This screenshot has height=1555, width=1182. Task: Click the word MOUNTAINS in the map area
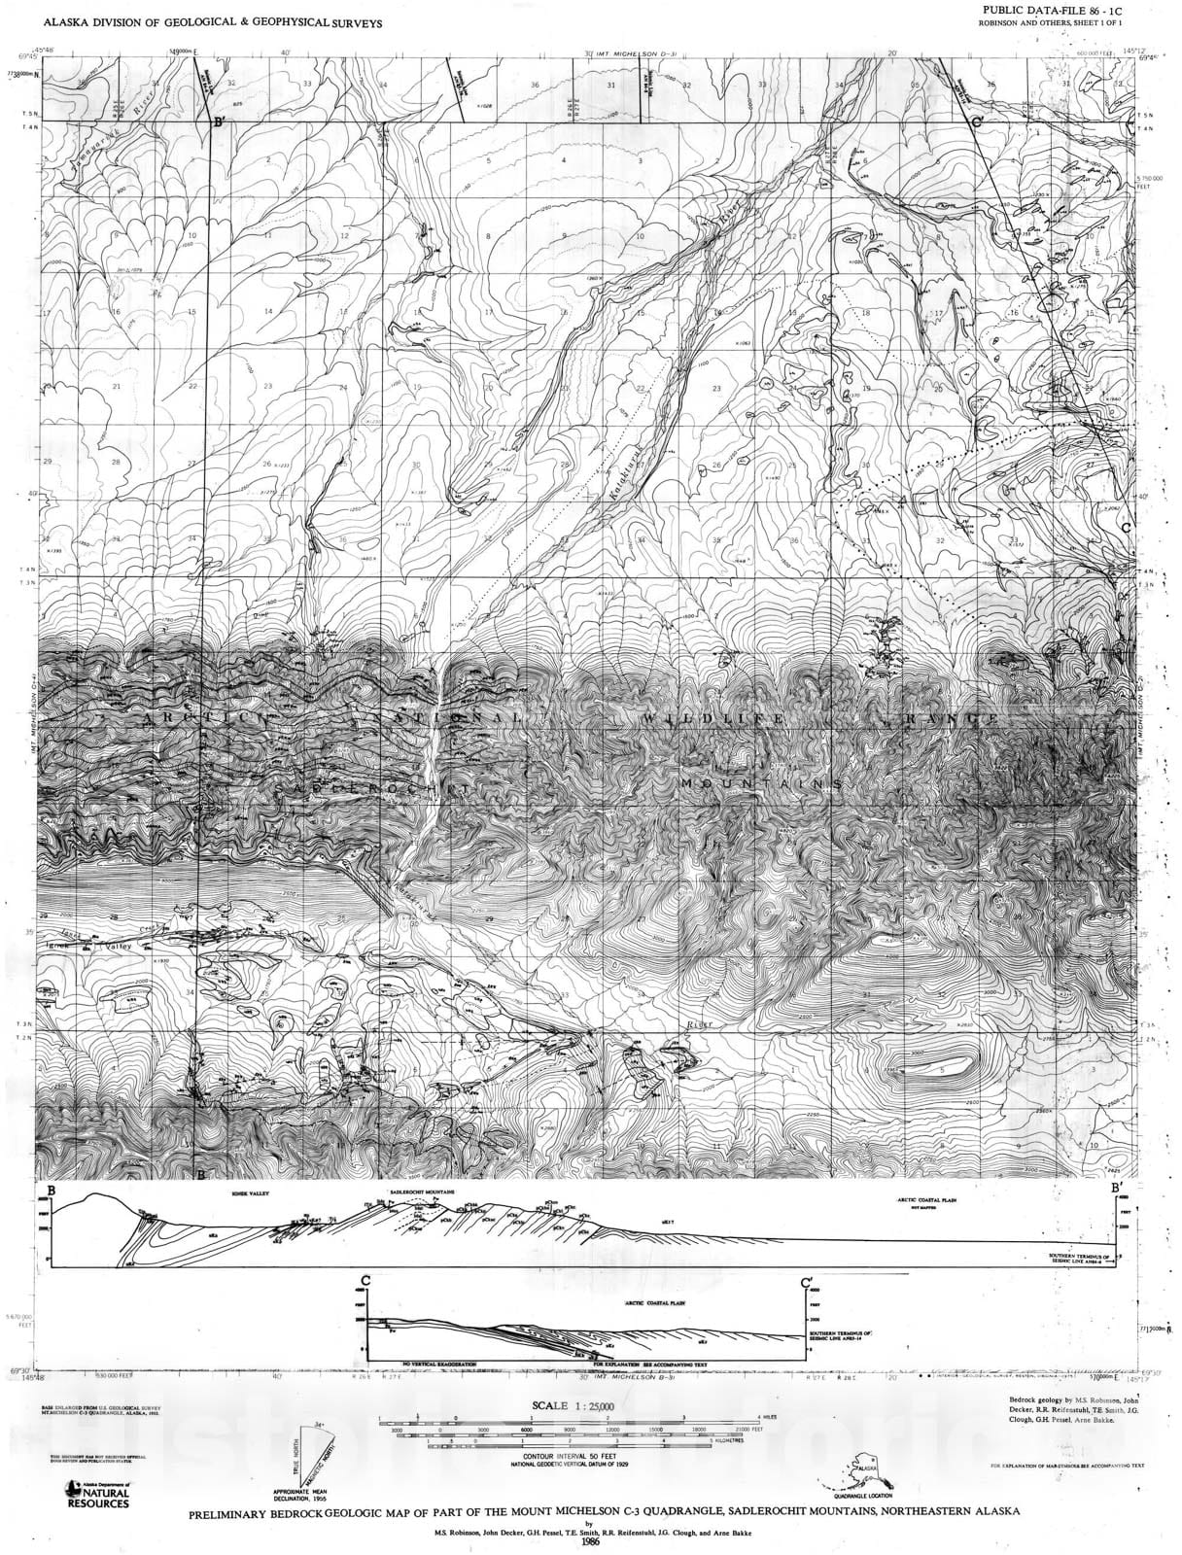click(x=759, y=782)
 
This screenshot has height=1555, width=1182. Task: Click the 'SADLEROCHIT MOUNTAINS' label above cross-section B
click(x=424, y=1191)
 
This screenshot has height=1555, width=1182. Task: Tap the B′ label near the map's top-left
click(x=221, y=122)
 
